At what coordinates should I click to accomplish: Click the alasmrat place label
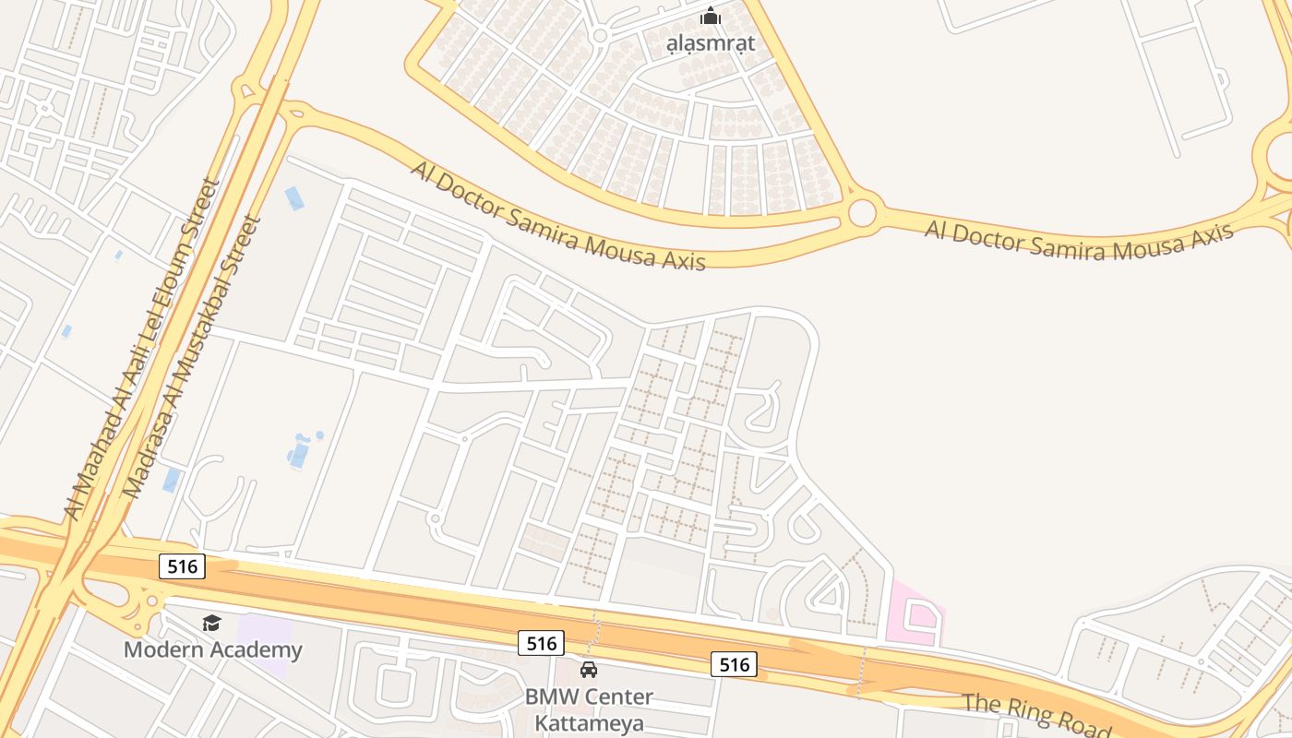[x=711, y=42]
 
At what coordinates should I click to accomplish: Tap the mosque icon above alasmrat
[x=710, y=16]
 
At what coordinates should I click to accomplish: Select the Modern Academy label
[x=212, y=649]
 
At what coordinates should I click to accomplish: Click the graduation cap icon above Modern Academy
[x=212, y=624]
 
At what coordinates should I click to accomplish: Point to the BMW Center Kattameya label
[x=589, y=709]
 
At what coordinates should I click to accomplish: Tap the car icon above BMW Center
[x=589, y=670]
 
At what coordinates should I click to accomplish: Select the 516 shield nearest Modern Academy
[x=182, y=565]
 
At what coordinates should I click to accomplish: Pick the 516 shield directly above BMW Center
[x=541, y=643]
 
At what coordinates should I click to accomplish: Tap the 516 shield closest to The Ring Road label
[x=735, y=663]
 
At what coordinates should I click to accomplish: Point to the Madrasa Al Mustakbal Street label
[x=195, y=358]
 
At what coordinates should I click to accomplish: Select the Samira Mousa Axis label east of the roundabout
[x=1079, y=239]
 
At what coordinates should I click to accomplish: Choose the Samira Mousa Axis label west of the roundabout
[x=558, y=216]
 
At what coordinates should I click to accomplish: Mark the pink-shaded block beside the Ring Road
[x=915, y=613]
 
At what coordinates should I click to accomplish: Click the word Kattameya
[x=589, y=722]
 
